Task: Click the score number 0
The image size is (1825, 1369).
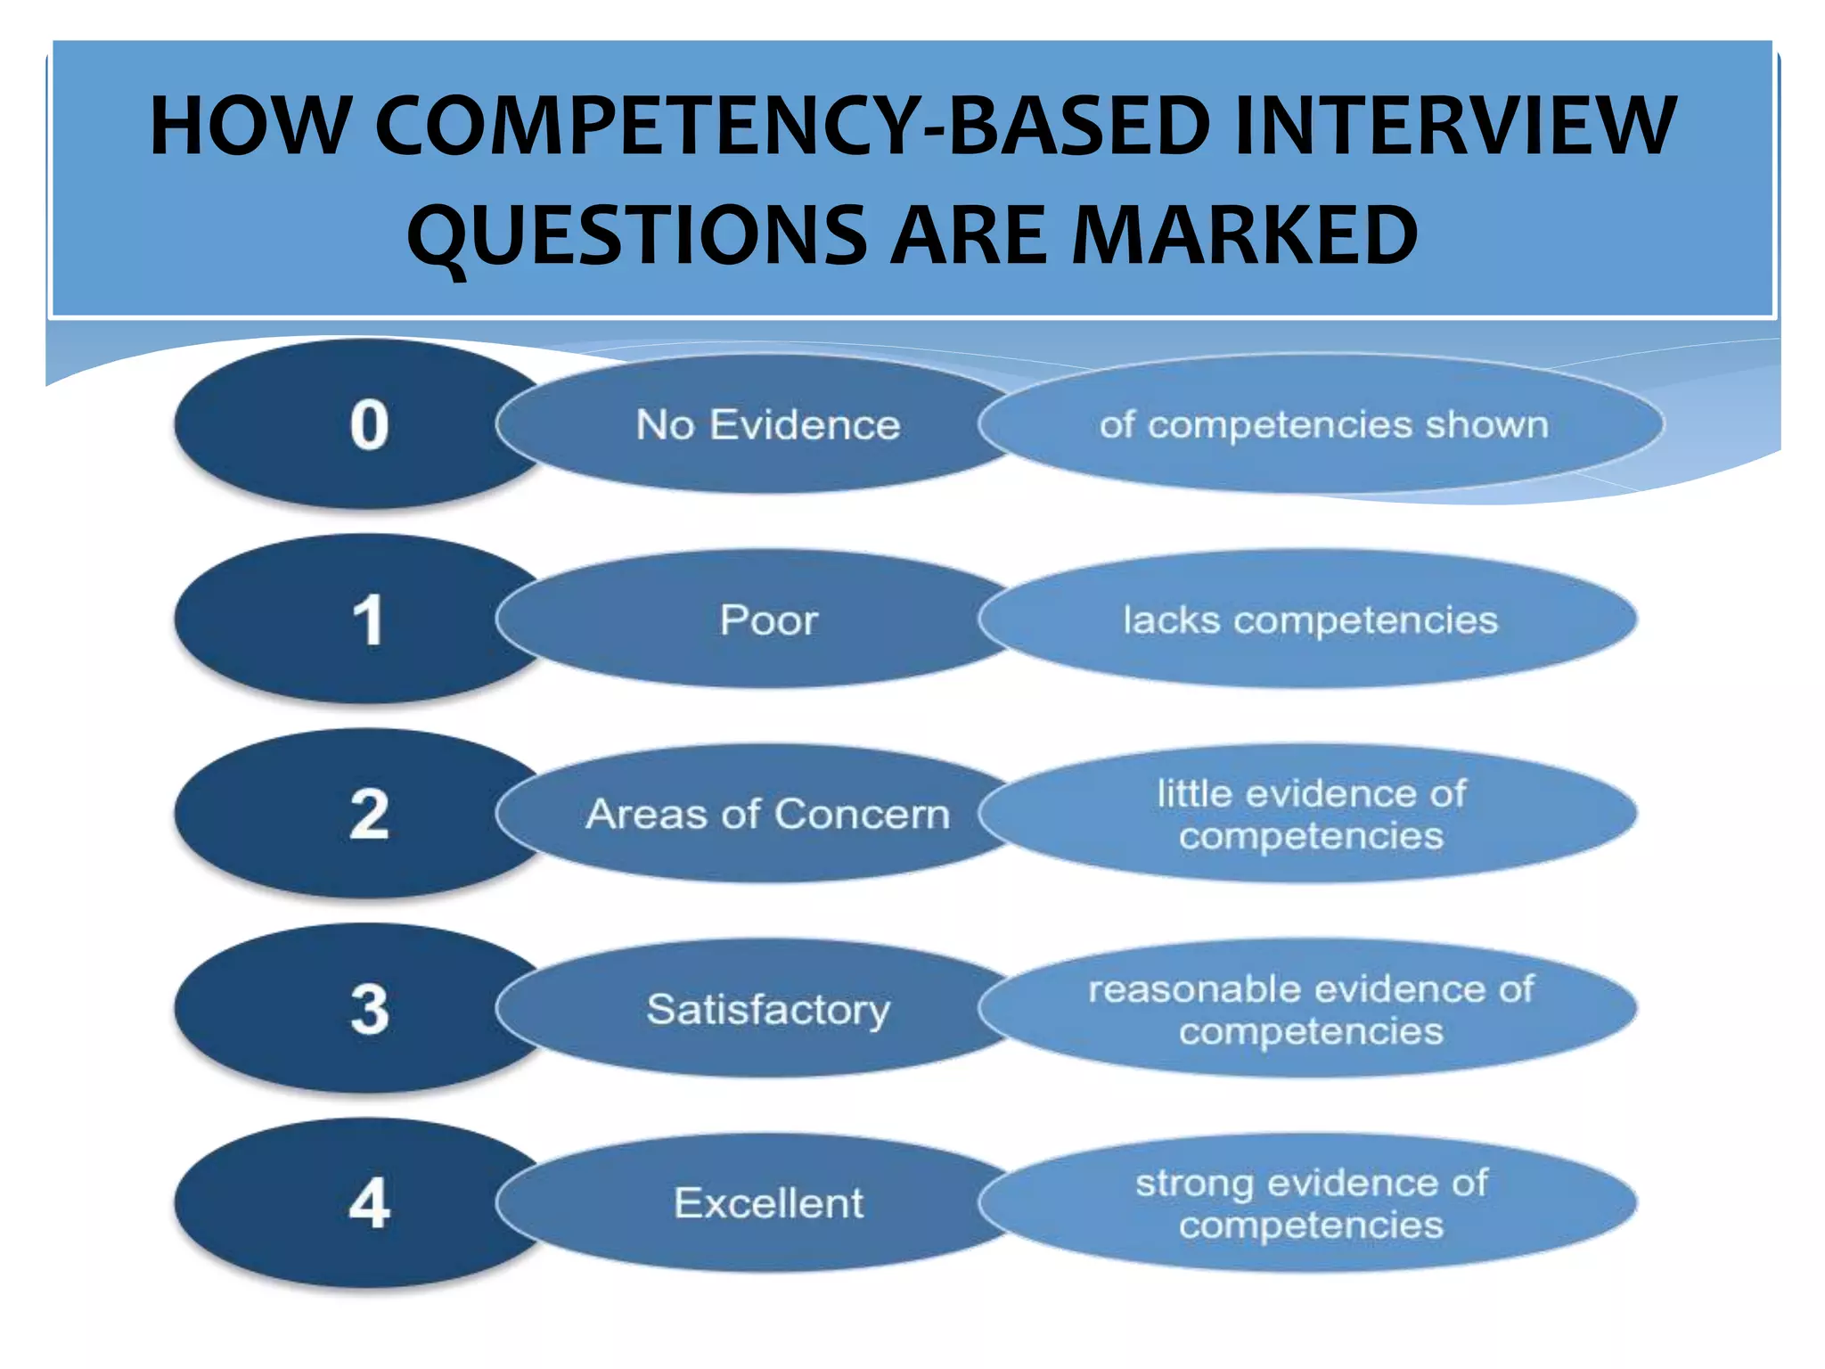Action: click(x=369, y=424)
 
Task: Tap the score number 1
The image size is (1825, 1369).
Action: click(x=369, y=619)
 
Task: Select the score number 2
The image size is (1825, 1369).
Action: click(x=369, y=814)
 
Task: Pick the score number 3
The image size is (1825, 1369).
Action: click(x=369, y=1009)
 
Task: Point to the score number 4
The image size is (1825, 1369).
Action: click(x=369, y=1203)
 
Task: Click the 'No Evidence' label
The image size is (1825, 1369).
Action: click(x=767, y=424)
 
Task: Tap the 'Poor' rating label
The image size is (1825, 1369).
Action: click(x=768, y=619)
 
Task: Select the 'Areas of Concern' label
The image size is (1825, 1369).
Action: click(x=767, y=814)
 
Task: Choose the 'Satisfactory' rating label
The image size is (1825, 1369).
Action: click(x=768, y=1009)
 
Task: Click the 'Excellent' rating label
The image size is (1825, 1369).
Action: click(x=768, y=1203)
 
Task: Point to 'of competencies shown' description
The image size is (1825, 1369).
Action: click(x=1323, y=424)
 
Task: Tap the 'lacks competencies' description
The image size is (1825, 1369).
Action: click(x=1310, y=619)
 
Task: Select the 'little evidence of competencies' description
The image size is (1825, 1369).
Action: click(x=1311, y=814)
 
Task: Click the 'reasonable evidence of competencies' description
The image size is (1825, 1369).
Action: click(x=1311, y=1009)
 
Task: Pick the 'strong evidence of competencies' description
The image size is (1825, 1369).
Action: click(x=1311, y=1203)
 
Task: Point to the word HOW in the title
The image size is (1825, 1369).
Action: click(x=250, y=126)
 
